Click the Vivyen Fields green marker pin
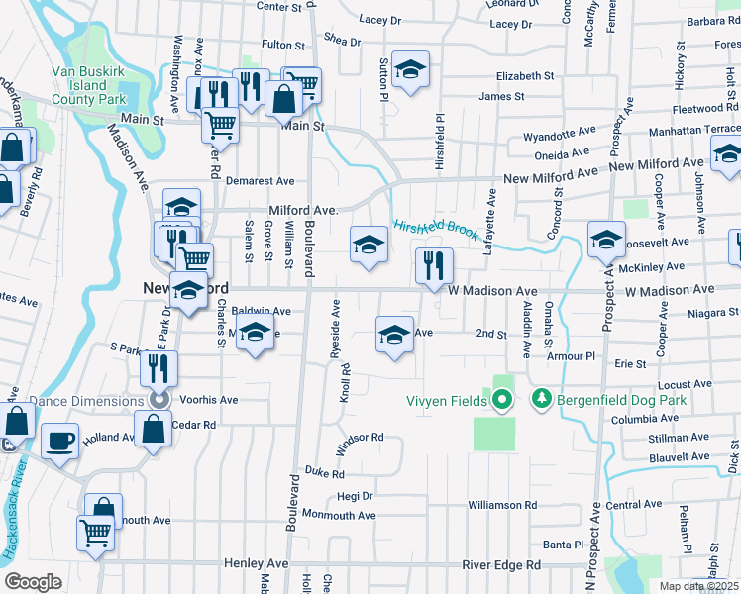(502, 400)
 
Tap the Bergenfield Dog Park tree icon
(541, 399)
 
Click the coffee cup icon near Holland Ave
(59, 440)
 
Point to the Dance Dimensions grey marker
(158, 400)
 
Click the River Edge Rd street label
(501, 564)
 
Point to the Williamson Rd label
(502, 505)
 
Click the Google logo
(34, 581)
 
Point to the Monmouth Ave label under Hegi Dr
(339, 516)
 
